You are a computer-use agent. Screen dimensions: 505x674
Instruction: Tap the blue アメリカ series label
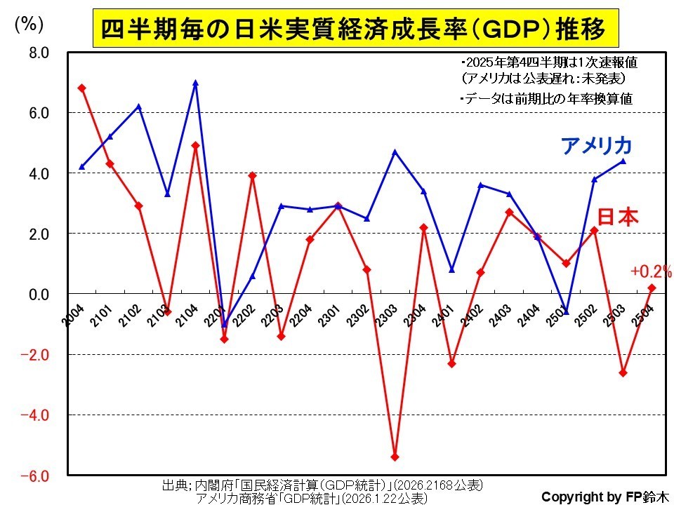597,146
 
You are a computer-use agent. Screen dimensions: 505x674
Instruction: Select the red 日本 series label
619,218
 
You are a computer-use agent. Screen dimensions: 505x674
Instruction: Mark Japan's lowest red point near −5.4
395,457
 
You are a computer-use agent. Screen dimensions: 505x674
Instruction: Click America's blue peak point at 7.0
195,83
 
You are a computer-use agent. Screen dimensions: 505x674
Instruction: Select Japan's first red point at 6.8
82,88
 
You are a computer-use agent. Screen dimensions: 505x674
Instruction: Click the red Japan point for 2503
623,372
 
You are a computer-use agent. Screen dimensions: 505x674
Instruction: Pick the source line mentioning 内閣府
322,485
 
